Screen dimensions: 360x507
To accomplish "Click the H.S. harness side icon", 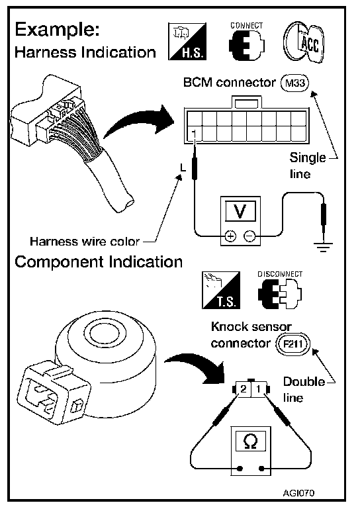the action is point(187,42).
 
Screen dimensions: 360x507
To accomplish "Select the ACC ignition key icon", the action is point(304,42).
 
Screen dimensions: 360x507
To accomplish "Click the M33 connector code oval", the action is point(295,83).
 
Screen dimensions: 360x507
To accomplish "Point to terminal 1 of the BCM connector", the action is point(194,134).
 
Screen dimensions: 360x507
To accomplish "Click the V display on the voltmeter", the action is point(240,211).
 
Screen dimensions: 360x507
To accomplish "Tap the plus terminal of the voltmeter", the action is point(230,236).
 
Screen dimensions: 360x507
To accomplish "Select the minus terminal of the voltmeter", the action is point(249,236).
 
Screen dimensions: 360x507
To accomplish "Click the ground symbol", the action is point(323,246).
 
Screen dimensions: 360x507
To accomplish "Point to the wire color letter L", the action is point(183,167).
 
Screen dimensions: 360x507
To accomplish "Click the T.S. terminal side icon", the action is point(222,290).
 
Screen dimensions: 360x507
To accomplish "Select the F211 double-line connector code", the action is point(292,344).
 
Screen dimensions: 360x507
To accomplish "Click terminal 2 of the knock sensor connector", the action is point(244,389).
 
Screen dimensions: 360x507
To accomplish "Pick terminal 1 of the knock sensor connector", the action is point(258,389).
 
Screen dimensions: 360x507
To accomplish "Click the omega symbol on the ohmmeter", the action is point(250,441).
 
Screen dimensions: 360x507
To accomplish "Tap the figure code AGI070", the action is point(298,493).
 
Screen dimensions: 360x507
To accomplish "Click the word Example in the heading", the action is point(57,30).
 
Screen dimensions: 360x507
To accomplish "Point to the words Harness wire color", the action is point(84,242).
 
